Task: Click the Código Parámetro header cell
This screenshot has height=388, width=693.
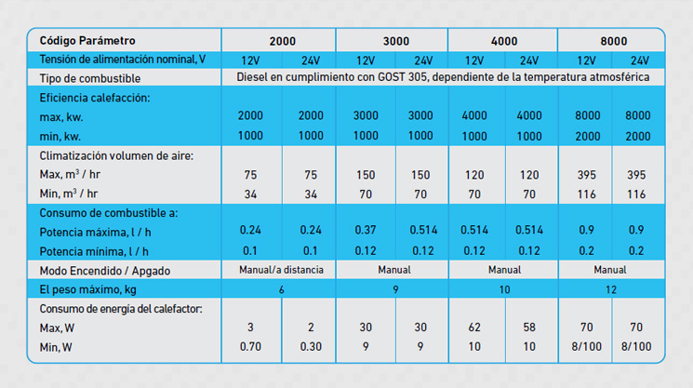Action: (x=87, y=41)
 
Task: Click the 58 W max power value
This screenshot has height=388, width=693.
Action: (x=528, y=328)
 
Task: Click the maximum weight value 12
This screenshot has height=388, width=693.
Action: (x=612, y=288)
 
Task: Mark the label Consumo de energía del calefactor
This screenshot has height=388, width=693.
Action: (x=127, y=308)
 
